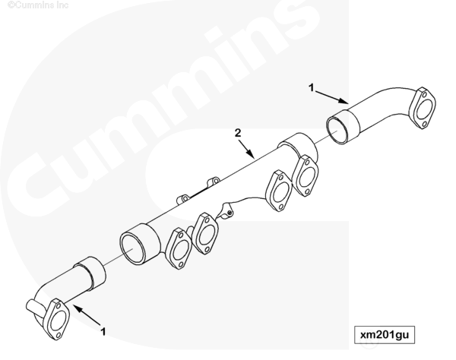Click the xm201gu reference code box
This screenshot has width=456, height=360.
(x=384, y=335)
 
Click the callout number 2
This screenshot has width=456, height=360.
(x=238, y=133)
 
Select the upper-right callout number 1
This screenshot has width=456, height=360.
(x=312, y=87)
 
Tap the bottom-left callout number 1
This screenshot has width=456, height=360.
(x=103, y=332)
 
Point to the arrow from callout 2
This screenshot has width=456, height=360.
(x=246, y=150)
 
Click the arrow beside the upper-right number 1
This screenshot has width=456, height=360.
(x=332, y=97)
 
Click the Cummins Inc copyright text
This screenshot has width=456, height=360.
(x=38, y=5)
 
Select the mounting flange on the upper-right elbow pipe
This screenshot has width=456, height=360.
(x=423, y=108)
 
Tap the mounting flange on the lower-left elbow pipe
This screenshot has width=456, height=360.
(x=58, y=319)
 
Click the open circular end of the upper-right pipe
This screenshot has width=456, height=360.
(x=337, y=128)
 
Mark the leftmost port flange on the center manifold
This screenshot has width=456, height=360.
(x=179, y=248)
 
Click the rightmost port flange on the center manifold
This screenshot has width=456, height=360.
(x=305, y=175)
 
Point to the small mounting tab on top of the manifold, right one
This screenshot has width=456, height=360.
(x=214, y=182)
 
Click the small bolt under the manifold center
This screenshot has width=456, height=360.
(x=230, y=213)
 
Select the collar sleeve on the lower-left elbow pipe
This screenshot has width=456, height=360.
(x=90, y=273)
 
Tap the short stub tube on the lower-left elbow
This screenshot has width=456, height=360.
(x=33, y=308)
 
